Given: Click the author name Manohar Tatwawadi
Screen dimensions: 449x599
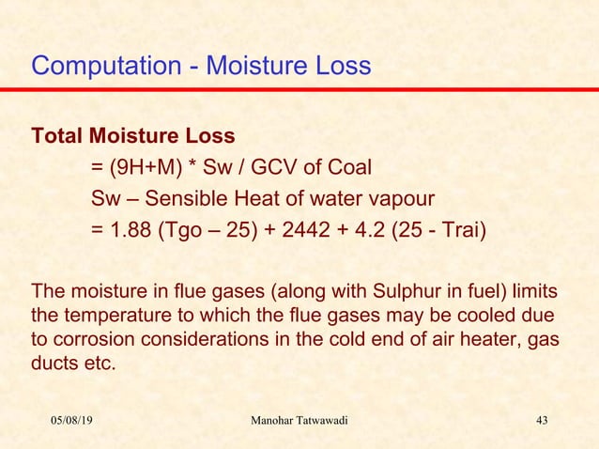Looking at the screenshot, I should (299, 419).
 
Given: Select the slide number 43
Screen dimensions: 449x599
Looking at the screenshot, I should (540, 419).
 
